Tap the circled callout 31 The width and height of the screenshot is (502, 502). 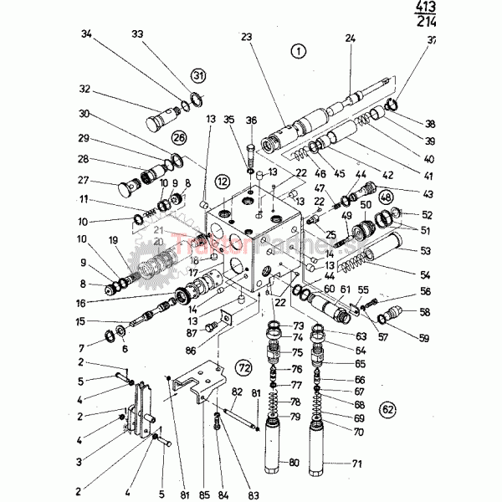[x=197, y=76]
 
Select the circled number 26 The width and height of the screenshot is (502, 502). [x=178, y=138]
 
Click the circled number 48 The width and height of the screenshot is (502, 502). [x=386, y=197]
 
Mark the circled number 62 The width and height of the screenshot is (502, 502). [x=387, y=409]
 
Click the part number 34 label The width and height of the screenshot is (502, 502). [x=86, y=34]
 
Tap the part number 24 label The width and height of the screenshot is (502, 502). [x=350, y=38]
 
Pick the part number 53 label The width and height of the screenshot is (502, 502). [x=425, y=250]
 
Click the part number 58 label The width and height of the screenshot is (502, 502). [x=425, y=311]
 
